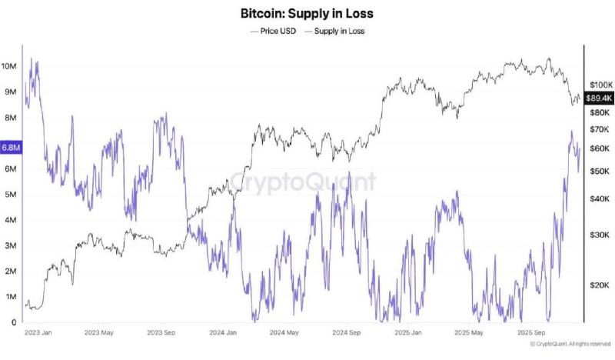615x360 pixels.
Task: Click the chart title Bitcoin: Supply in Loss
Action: coord(307,14)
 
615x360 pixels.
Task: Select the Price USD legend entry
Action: coord(274,31)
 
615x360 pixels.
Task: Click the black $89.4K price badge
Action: coord(598,98)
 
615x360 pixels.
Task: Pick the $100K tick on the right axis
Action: coord(599,83)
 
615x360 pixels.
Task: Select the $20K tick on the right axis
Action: coord(598,285)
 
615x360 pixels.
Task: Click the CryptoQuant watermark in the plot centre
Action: coord(304,182)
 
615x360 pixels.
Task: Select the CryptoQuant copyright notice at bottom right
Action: coord(570,344)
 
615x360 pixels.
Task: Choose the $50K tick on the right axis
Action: coord(598,170)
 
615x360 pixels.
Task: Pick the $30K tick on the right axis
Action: coord(598,235)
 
